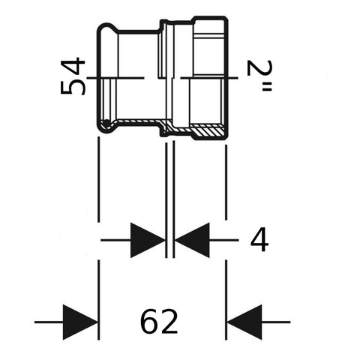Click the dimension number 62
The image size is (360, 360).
coord(159,322)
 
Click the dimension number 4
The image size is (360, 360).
coord(259,240)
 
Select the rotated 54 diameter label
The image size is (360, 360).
coord(73,76)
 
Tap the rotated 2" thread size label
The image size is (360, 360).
coord(260,75)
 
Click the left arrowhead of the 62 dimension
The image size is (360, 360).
coord(80,322)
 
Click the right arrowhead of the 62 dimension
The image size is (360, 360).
coord(244,322)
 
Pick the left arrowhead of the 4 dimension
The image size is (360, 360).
coord(148,240)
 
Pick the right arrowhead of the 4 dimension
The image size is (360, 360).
coord(192,240)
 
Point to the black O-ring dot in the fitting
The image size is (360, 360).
coord(106,123)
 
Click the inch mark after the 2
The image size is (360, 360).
coord(266,88)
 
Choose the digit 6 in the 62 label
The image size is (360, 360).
coord(149,322)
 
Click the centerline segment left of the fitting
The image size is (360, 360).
coord(115,78)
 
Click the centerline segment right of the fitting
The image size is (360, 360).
coord(209,78)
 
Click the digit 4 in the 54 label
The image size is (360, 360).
coord(73,66)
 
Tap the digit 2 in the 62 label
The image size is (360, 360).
coord(169,322)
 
